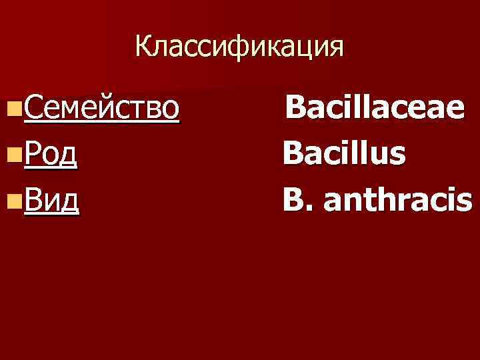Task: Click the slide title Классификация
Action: pyautogui.click(x=239, y=47)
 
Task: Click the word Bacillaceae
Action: pyautogui.click(x=375, y=107)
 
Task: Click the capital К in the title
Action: pyautogui.click(x=143, y=47)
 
